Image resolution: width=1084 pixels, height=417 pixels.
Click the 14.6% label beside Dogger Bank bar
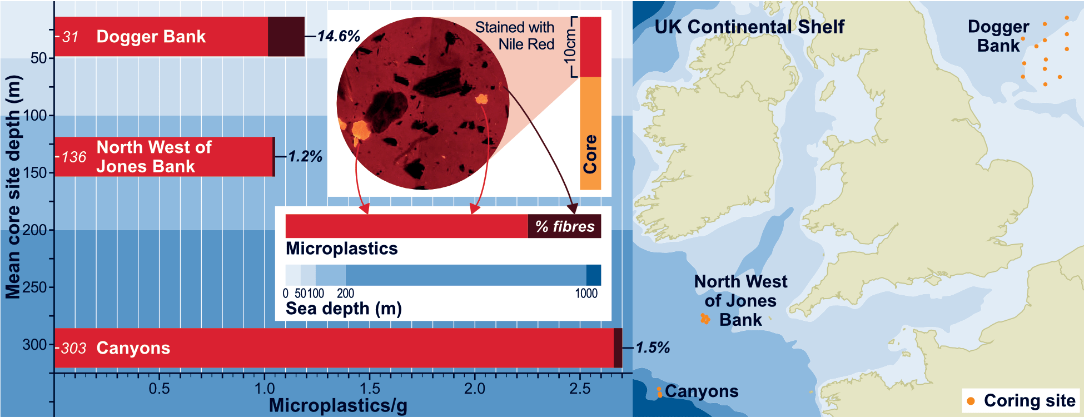point(339,36)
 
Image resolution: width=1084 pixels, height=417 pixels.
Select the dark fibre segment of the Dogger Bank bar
point(286,37)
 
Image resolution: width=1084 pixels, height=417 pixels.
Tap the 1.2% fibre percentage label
point(305,156)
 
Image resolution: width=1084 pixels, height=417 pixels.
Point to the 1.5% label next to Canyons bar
point(653,348)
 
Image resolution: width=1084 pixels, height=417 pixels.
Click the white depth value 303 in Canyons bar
point(73,349)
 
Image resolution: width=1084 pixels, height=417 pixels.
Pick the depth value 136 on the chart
point(74,157)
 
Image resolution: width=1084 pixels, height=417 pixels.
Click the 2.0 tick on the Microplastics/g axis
point(474,389)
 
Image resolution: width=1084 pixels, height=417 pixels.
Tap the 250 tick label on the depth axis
point(34,287)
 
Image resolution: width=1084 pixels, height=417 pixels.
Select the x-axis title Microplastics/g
point(338,405)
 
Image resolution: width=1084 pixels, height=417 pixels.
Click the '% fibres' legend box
point(564,226)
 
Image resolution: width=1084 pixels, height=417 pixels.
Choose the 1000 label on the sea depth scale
point(586,294)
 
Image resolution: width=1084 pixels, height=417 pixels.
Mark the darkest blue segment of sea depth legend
point(594,275)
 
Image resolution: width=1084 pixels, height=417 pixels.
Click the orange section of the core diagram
point(590,133)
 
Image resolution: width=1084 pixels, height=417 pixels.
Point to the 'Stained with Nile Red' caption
point(515,36)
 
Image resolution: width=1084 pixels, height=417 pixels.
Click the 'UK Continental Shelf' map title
point(749,27)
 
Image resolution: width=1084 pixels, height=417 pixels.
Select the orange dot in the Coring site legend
point(971,401)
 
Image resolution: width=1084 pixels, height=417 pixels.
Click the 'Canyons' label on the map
point(702,391)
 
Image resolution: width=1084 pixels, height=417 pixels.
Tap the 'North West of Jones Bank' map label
point(740,300)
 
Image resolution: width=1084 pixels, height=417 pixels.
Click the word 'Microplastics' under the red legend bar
point(341,249)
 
